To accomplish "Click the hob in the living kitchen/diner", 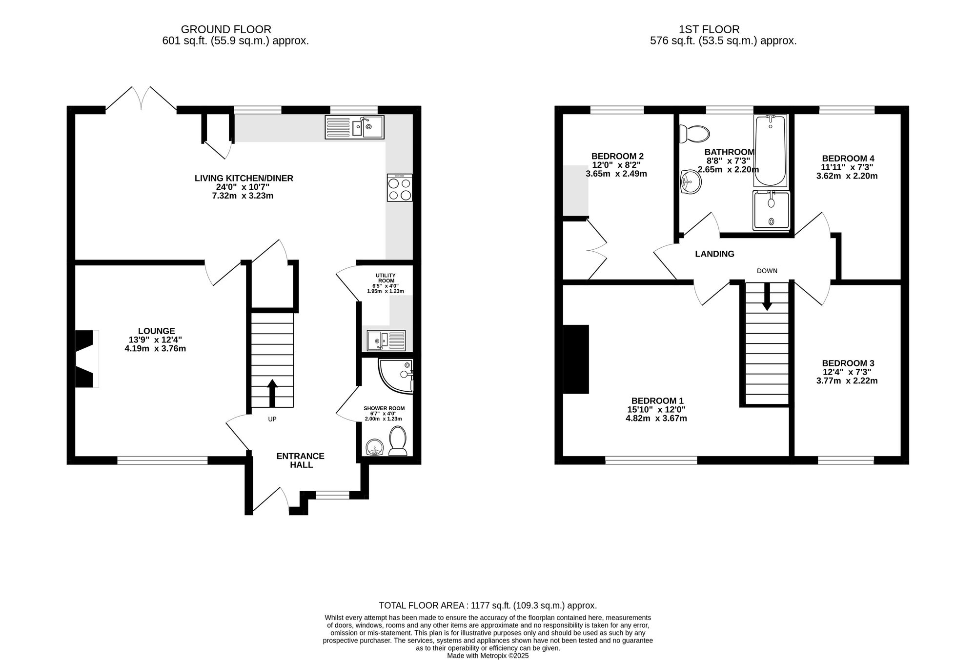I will tap(400, 188).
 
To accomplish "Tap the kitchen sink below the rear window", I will tap(355, 127).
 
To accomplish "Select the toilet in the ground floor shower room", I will tap(398, 441).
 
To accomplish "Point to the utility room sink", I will tap(386, 340).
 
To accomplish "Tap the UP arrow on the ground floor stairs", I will tap(272, 393).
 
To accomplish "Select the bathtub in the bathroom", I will tap(770, 151).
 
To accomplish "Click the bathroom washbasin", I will tap(690, 182).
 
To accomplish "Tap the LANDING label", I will tap(714, 254).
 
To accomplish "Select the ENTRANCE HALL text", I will tap(301, 460).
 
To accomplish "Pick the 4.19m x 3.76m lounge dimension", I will tap(155, 349).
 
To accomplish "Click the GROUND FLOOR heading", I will tap(226, 30).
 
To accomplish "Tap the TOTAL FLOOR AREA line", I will tap(488, 605).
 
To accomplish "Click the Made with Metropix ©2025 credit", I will tap(488, 656).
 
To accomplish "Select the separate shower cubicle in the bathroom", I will tap(771, 210).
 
